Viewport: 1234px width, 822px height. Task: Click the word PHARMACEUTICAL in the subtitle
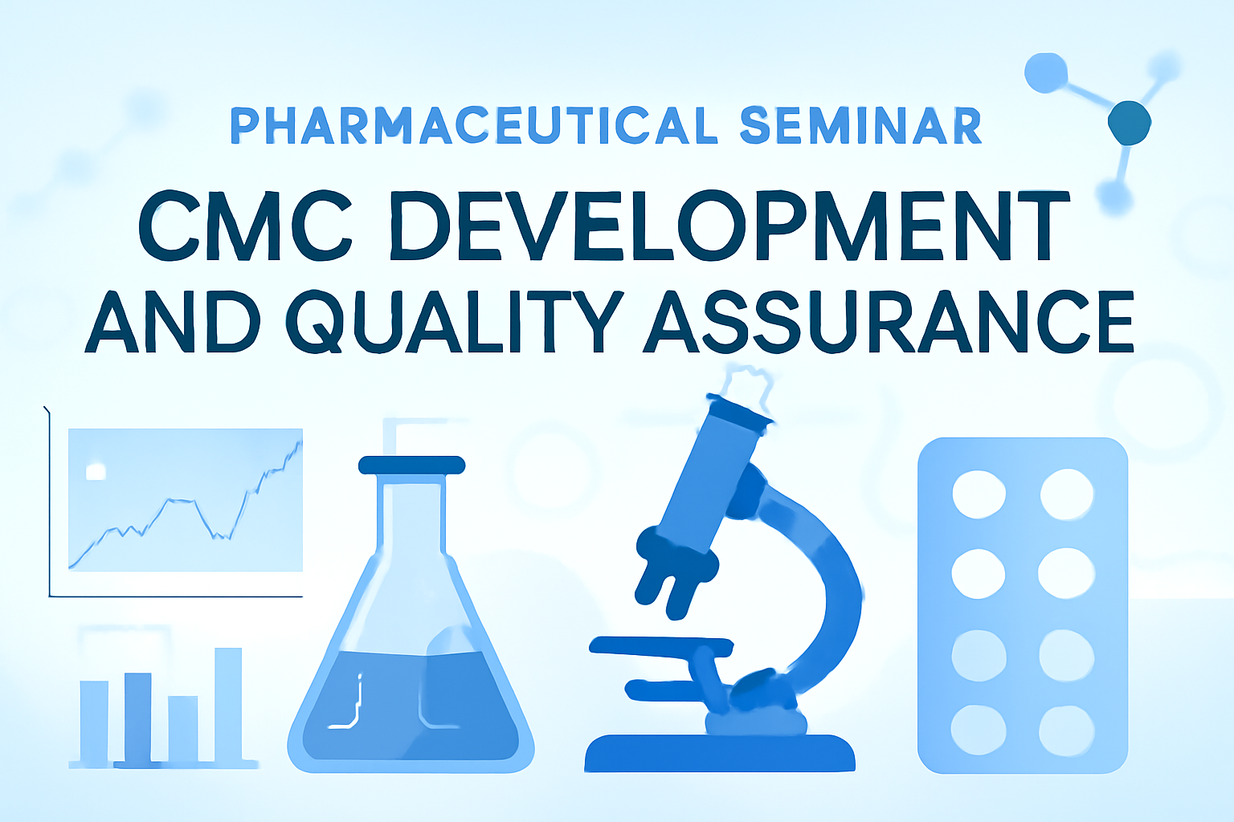click(474, 125)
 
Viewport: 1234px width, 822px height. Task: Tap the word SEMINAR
click(861, 125)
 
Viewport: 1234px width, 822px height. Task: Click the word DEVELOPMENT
click(729, 226)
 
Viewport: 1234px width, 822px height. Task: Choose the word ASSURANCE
click(888, 321)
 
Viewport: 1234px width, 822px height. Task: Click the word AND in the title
click(173, 321)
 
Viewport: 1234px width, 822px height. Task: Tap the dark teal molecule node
click(1130, 124)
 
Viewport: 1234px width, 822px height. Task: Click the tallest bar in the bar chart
click(228, 706)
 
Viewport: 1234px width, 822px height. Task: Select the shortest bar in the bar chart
click(183, 729)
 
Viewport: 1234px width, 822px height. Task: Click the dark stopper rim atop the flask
click(411, 466)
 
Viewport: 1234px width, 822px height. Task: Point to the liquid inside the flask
click(411, 705)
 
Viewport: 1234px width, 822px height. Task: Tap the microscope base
click(720, 753)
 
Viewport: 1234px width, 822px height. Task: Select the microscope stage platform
click(661, 647)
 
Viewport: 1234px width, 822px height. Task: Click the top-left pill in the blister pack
click(979, 494)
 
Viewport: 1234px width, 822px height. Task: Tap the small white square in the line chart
click(96, 471)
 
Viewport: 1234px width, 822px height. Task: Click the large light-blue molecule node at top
click(1045, 73)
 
